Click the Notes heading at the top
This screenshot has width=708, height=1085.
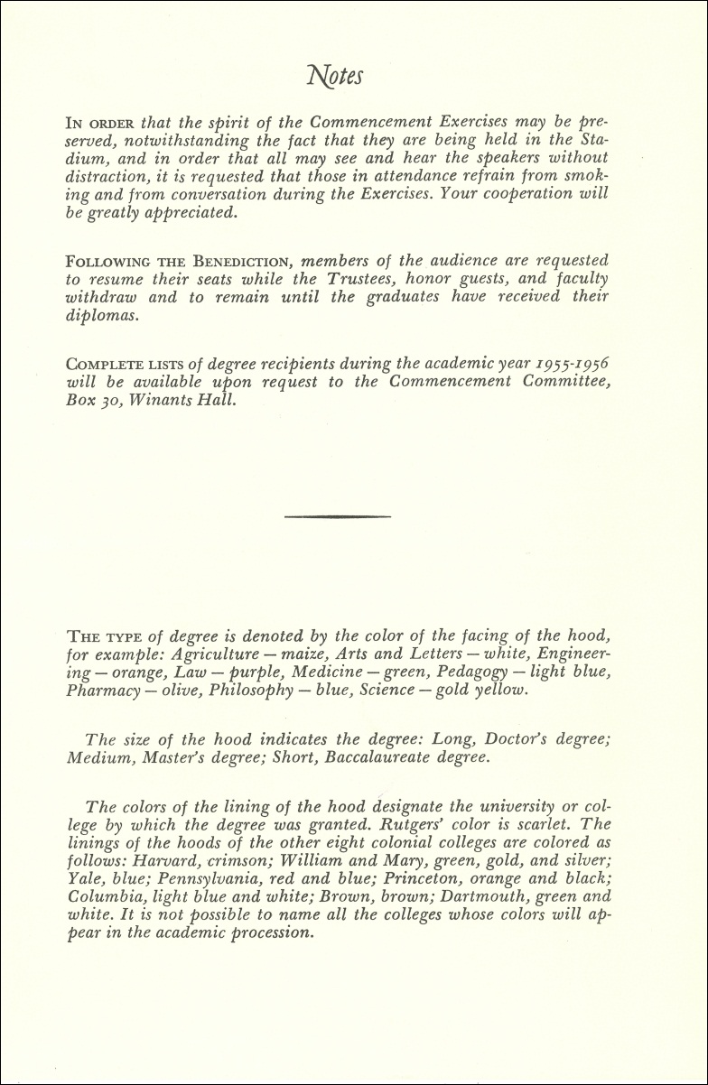(x=336, y=76)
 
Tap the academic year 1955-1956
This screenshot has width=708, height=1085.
(x=562, y=364)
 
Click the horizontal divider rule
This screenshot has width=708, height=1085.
(x=338, y=516)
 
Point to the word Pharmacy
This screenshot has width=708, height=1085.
(x=102, y=691)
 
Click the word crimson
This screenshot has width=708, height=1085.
(x=226, y=860)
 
